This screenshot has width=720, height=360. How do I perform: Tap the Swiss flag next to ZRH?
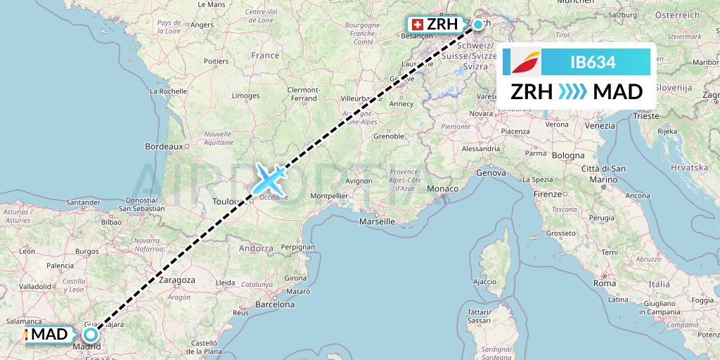[x=416, y=25]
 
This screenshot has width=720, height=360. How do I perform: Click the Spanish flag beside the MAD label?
[x=26, y=333]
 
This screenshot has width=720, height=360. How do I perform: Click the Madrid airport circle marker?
[x=91, y=334]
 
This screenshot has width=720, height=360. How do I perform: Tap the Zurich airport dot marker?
[x=478, y=25]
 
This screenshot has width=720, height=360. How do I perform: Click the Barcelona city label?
[x=274, y=305]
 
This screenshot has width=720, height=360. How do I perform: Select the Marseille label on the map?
[x=376, y=221]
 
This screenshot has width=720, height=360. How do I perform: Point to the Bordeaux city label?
[x=163, y=146]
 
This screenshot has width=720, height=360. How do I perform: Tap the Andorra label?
[x=256, y=247]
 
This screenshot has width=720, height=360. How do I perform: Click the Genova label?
[x=491, y=172]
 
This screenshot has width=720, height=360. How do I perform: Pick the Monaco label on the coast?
[x=442, y=189]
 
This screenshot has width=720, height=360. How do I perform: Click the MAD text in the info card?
[x=618, y=92]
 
